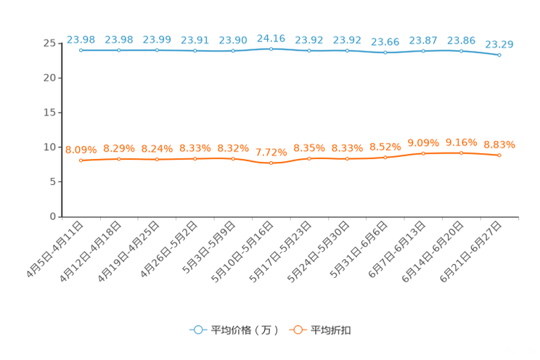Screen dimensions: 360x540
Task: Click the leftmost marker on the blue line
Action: pyautogui.click(x=81, y=50)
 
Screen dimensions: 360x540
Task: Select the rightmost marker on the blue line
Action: pyautogui.click(x=499, y=55)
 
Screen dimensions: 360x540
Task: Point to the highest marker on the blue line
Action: pyautogui.click(x=271, y=49)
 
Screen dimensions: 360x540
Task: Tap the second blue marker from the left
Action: pyautogui.click(x=118, y=50)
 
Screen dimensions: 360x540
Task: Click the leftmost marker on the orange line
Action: pyautogui.click(x=81, y=160)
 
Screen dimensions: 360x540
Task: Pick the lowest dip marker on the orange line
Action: pyautogui.click(x=271, y=163)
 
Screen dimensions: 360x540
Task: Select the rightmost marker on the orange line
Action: pyautogui.click(x=499, y=155)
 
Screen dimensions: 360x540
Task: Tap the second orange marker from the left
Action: pyautogui.click(x=118, y=158)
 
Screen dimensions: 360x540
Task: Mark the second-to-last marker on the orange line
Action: pyautogui.click(x=461, y=153)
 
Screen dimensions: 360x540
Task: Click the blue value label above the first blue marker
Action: pyautogui.click(x=81, y=38)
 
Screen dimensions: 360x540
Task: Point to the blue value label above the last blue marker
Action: pyautogui.click(x=499, y=44)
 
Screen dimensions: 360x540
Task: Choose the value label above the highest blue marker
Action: pyautogui.click(x=271, y=37)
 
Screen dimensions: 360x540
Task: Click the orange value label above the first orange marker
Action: pyautogui.click(x=81, y=149)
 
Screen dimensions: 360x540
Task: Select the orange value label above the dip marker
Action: pyautogui.click(x=271, y=152)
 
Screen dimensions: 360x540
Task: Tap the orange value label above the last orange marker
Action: pyautogui.click(x=499, y=144)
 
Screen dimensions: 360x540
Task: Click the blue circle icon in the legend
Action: pyautogui.click(x=197, y=330)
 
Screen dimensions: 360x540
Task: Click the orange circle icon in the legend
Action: pyautogui.click(x=297, y=330)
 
